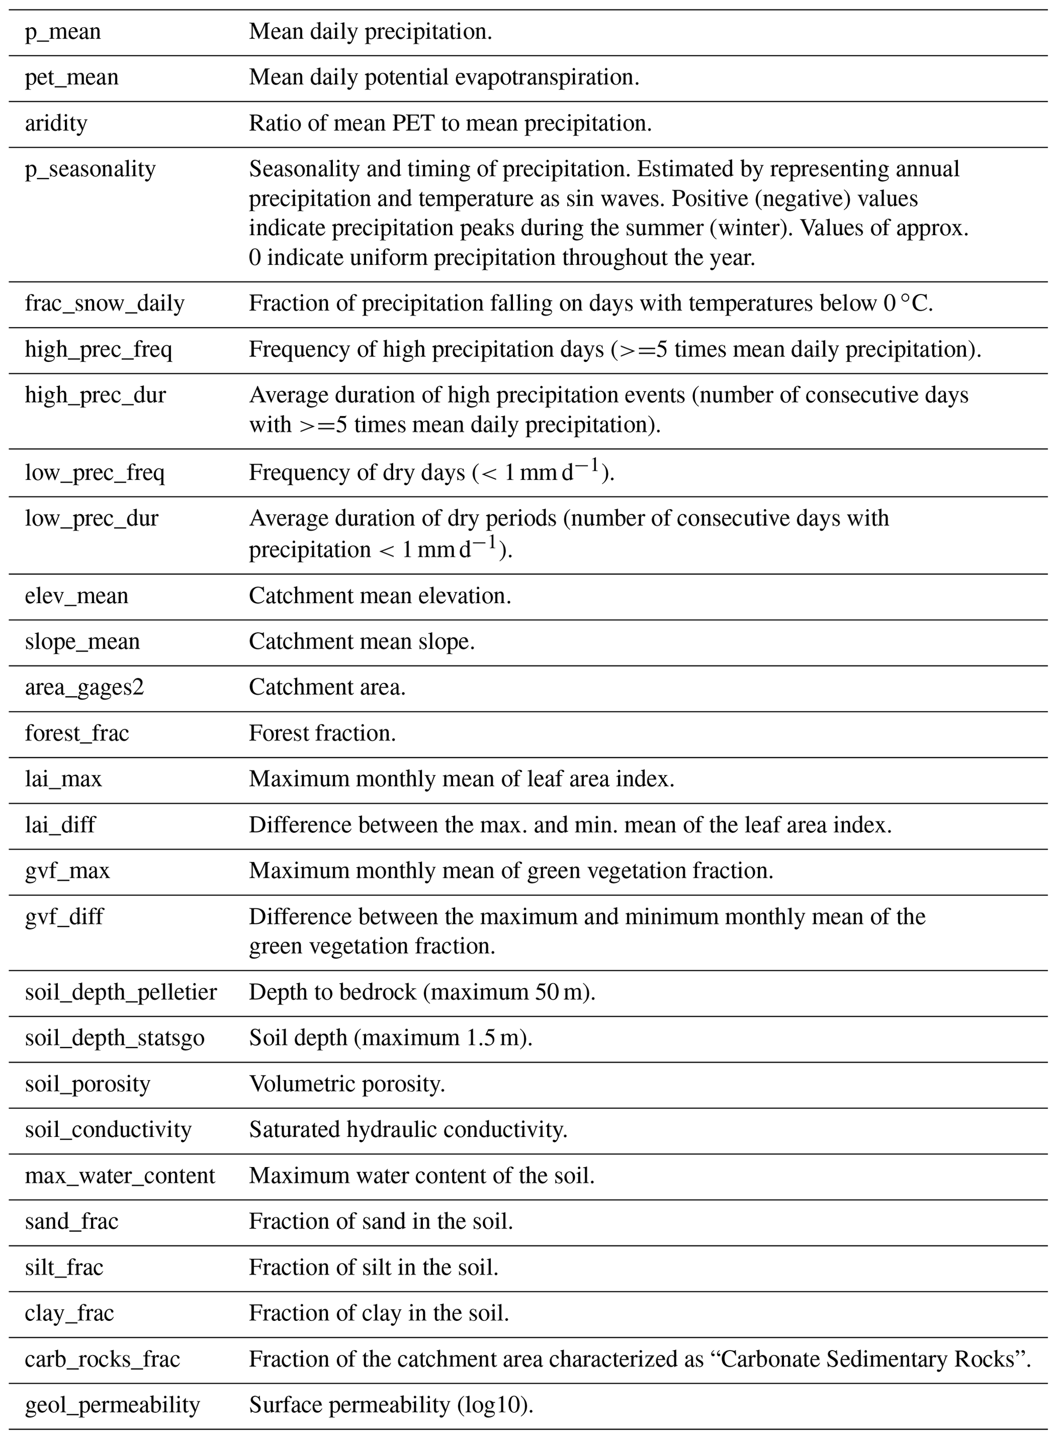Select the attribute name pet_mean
pyautogui.click(x=72, y=77)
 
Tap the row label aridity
pyautogui.click(x=56, y=123)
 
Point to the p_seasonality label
pyautogui.click(x=90, y=170)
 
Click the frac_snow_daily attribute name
pyautogui.click(x=104, y=303)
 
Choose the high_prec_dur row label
pyautogui.click(x=95, y=395)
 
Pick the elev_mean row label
pyautogui.click(x=77, y=596)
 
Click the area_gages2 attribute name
pyautogui.click(x=84, y=688)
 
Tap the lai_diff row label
pyautogui.click(x=60, y=825)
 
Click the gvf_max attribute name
pyautogui.click(x=67, y=871)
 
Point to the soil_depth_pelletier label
pyautogui.click(x=121, y=992)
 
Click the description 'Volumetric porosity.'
pyautogui.click(x=347, y=1084)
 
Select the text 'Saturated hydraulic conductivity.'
pyautogui.click(x=408, y=1130)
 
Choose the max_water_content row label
pyautogui.click(x=120, y=1176)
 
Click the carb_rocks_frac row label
pyautogui.click(x=102, y=1359)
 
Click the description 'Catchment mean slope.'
pyautogui.click(x=362, y=642)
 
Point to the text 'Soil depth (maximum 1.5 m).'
pyautogui.click(x=390, y=1038)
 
